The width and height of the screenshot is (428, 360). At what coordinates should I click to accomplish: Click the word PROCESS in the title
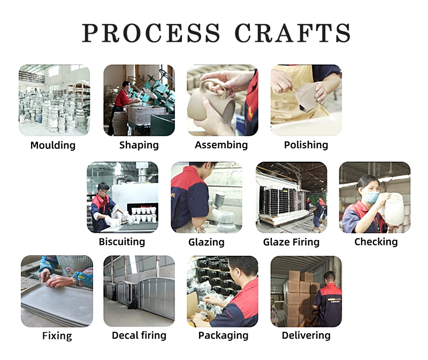coord(151,33)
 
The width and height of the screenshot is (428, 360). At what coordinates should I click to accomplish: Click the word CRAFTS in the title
coord(292,33)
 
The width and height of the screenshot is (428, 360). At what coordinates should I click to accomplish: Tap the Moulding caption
coord(53,145)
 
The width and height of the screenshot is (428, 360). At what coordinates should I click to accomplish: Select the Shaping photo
coord(139,100)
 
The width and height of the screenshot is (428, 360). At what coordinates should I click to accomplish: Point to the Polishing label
coord(306,145)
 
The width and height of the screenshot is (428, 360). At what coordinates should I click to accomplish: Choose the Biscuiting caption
coord(122,242)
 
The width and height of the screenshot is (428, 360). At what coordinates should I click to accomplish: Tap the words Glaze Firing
coord(291,242)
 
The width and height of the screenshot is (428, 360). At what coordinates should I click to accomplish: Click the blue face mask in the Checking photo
coord(372,197)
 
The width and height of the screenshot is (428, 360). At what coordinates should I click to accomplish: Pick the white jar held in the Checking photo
coord(394,209)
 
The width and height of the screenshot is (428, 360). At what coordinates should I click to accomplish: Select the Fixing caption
coord(57,336)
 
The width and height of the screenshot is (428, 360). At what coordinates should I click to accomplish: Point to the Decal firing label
coord(139,335)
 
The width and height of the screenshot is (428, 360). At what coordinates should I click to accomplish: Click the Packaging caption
coord(223,336)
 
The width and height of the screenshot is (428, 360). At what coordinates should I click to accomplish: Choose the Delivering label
coord(306,335)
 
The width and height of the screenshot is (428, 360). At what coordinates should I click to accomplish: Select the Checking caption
coord(376,242)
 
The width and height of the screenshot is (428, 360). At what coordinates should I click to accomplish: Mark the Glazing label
coord(207,242)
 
